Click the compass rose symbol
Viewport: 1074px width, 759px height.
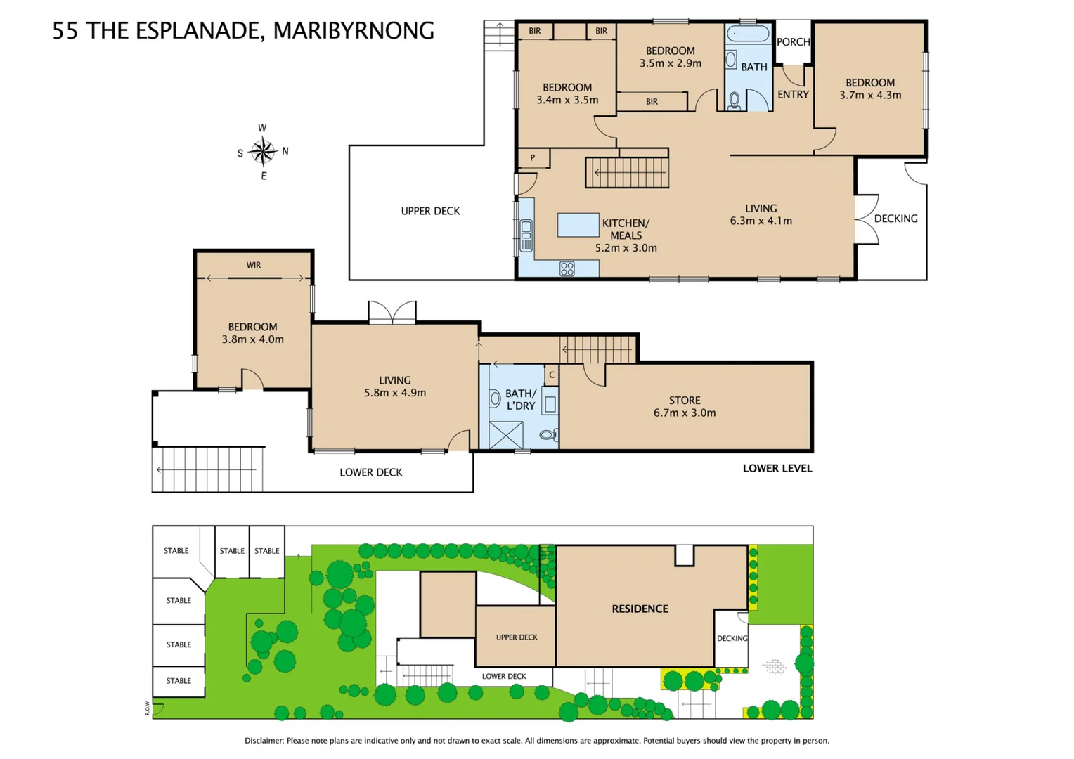tap(263, 151)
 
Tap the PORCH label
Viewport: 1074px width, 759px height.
tap(793, 42)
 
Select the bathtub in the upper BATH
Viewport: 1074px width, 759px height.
tap(748, 34)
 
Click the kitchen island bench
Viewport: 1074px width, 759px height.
tap(578, 225)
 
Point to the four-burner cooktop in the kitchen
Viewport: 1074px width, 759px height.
tap(567, 268)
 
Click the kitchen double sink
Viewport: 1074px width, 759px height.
tap(526, 235)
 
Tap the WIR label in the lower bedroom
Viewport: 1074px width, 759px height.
tap(254, 266)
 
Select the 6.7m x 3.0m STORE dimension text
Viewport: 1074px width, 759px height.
tap(684, 413)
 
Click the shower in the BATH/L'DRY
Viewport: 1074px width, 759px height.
tap(506, 435)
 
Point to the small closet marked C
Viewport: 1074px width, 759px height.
tap(552, 375)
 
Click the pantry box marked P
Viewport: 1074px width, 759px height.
tap(533, 158)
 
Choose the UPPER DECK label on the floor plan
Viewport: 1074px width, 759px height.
tap(430, 211)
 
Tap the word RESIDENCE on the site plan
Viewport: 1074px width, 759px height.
tap(640, 609)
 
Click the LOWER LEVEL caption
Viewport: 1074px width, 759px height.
tap(777, 469)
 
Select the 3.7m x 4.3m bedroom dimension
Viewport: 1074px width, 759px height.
tap(869, 96)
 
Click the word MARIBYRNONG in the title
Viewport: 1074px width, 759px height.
tap(353, 31)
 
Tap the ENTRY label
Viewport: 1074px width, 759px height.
tap(793, 95)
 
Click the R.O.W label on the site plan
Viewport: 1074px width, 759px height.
tap(148, 708)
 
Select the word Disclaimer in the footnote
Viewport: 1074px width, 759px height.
tap(264, 741)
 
